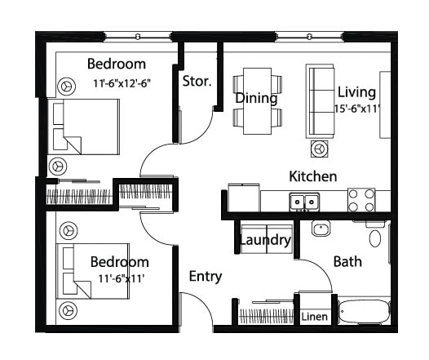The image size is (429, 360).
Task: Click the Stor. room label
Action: (x=197, y=81)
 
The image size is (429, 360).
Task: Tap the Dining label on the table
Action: (x=256, y=98)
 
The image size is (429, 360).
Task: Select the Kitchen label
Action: (x=313, y=176)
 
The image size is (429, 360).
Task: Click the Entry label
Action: (x=206, y=277)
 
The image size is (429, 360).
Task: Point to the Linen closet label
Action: (x=315, y=317)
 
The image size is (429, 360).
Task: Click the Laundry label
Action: (x=265, y=240)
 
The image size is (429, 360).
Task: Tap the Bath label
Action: (x=347, y=262)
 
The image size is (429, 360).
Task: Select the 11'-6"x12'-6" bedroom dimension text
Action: (x=122, y=83)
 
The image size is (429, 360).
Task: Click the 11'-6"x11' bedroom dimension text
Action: (x=122, y=278)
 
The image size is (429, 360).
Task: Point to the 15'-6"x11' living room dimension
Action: (x=357, y=109)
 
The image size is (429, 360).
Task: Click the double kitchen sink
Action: (x=304, y=202)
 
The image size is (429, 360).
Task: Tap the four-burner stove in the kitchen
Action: (x=361, y=200)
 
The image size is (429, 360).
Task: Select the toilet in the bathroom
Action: (x=375, y=234)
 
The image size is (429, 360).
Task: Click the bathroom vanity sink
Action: (x=321, y=228)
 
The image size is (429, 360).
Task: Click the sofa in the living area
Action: (x=321, y=101)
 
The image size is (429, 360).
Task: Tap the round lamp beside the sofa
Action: (x=319, y=149)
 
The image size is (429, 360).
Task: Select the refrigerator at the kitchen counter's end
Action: (x=244, y=198)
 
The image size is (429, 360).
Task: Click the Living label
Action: (x=356, y=92)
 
